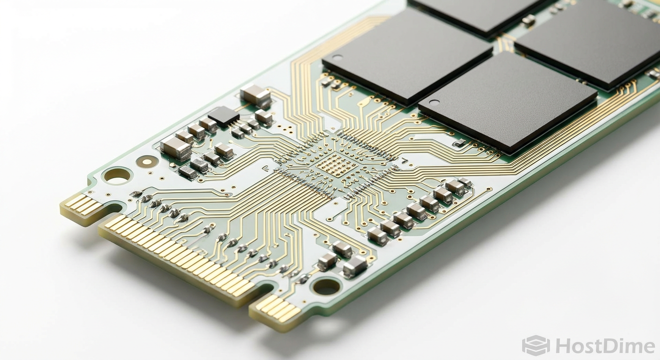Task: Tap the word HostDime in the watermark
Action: (x=605, y=346)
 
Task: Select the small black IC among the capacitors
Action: (x=224, y=115)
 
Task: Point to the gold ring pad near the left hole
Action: (x=147, y=161)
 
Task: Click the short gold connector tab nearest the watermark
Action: (x=275, y=309)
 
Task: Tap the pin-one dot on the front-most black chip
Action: (x=434, y=102)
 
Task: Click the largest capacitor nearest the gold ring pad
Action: (x=175, y=149)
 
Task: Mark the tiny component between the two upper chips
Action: (x=528, y=20)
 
